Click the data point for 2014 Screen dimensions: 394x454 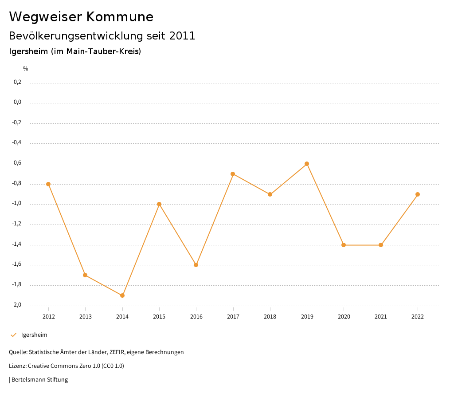pos(122,295)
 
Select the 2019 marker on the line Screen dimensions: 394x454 pos(307,164)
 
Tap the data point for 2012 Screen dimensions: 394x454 pos(48,184)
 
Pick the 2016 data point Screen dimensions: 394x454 pos(196,265)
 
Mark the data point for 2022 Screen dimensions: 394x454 pos(418,194)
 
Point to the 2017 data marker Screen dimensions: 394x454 pos(233,174)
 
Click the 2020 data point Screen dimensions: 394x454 pos(344,245)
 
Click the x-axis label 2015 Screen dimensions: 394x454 pos(159,316)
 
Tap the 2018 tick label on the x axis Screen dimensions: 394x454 pos(270,316)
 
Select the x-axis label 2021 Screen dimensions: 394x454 pos(381,316)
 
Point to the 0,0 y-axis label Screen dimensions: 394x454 pos(17,102)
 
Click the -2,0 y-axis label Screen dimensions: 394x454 pos(16,305)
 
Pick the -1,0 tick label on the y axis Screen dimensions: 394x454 pos(16,204)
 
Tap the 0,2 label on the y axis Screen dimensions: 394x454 pos(17,82)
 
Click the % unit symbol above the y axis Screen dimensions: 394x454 pos(26,69)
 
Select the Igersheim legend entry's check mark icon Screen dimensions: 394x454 pos(13,335)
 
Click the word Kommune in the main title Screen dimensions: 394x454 pos(120,17)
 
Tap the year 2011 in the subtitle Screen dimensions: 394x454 pos(182,36)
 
